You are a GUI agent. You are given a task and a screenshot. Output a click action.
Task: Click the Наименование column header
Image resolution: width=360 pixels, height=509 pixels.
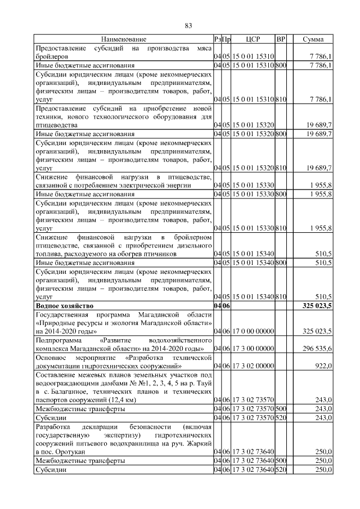[x=124, y=39]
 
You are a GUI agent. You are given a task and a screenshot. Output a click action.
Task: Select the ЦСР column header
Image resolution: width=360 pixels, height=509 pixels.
[x=252, y=39]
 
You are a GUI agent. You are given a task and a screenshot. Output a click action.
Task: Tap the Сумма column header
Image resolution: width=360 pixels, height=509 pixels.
[x=313, y=39]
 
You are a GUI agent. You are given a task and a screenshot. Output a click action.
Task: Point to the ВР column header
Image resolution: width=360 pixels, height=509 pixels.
[x=281, y=39]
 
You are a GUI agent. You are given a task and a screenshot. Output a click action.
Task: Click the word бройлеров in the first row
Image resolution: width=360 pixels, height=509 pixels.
[x=52, y=57]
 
